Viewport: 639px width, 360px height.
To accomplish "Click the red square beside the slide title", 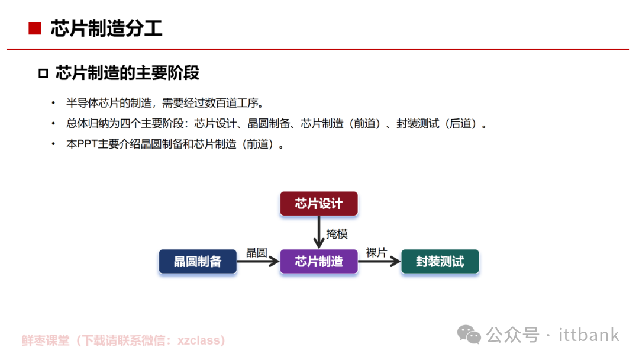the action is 35,28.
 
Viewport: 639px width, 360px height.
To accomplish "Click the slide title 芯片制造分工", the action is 106,28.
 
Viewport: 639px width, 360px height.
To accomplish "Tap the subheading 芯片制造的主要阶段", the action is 127,73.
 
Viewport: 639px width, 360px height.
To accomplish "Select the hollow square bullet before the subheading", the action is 43,73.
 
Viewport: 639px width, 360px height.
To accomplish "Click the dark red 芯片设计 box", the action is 319,204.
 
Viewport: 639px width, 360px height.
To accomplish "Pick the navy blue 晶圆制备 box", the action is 198,262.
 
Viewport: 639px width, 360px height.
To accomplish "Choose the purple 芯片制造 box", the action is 319,262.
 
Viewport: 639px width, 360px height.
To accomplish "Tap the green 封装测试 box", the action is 440,262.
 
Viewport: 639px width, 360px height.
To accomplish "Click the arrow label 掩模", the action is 337,234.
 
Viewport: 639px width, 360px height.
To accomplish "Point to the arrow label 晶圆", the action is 256,253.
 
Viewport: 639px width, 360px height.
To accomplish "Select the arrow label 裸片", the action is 376,253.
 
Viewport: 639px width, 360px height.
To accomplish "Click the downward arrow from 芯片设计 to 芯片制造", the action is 319,233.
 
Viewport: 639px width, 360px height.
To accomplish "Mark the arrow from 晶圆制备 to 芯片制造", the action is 258,262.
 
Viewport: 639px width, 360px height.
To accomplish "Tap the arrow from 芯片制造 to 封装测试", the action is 379,262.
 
